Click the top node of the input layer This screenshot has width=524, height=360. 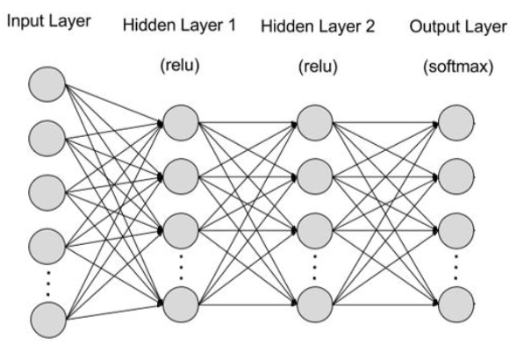pyautogui.click(x=47, y=84)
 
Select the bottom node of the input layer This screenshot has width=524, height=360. pyautogui.click(x=48, y=320)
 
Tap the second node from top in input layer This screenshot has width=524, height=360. pyautogui.click(x=47, y=139)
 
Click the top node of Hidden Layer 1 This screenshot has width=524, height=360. pyautogui.click(x=181, y=123)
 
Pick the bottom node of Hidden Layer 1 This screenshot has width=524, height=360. pyautogui.click(x=181, y=304)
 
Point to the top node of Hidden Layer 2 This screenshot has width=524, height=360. pyautogui.click(x=315, y=123)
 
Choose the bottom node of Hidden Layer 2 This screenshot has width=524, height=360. pyautogui.click(x=315, y=304)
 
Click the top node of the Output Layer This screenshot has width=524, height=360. pyautogui.click(x=456, y=123)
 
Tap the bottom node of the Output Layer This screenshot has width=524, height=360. pyautogui.click(x=456, y=304)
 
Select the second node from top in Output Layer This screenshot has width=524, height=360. pyautogui.click(x=456, y=176)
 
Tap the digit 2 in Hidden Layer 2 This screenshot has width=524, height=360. pyautogui.click(x=370, y=26)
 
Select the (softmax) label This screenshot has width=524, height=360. pyautogui.click(x=458, y=67)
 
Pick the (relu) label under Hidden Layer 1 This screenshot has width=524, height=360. pyautogui.click(x=180, y=65)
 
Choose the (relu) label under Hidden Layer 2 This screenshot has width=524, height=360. pyautogui.click(x=318, y=67)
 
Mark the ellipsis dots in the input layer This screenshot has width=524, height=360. pyautogui.click(x=48, y=284)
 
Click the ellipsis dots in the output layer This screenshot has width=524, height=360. pyautogui.click(x=456, y=267)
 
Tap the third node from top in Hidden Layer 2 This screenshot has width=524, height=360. pyautogui.click(x=315, y=231)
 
